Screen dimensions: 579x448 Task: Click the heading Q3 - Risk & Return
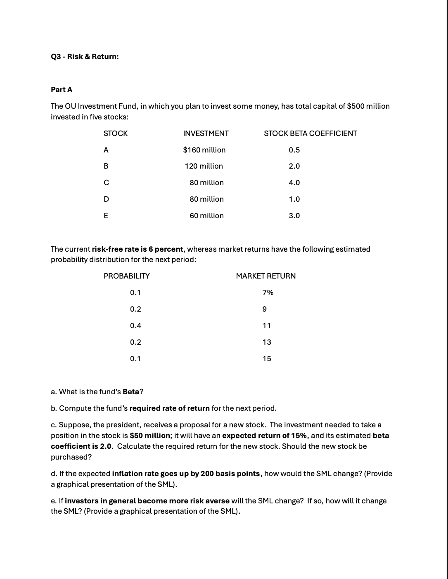[85, 57]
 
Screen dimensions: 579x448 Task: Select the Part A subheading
[62, 90]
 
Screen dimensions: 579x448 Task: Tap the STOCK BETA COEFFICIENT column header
[310, 133]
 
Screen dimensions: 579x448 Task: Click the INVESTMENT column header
[206, 133]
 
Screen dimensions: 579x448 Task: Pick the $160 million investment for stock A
[204, 150]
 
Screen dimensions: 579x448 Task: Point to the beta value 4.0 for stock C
[294, 183]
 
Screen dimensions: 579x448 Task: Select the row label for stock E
[106, 216]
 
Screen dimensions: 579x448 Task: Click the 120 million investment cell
[204, 166]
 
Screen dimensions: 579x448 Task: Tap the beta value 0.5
[294, 150]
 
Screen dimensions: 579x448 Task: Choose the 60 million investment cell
[206, 216]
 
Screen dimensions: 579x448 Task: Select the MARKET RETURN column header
[265, 276]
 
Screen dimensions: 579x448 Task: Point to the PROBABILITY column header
[126, 276]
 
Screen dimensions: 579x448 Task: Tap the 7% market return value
[268, 293]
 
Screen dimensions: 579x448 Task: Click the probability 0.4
[135, 326]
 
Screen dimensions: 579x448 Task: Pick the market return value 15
[267, 359]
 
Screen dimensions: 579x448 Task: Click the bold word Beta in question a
[131, 392]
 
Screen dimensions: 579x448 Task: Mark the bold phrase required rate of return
[169, 408]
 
